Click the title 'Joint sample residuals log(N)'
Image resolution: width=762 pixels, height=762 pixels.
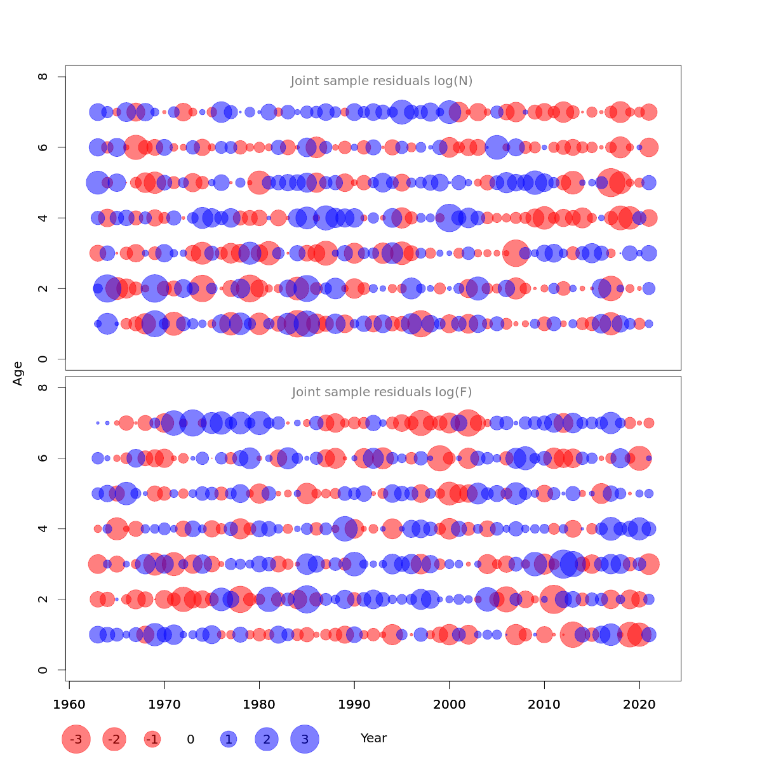coord(382,81)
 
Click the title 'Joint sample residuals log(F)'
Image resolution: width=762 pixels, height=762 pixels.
coord(382,392)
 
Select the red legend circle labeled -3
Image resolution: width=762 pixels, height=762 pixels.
coord(76,739)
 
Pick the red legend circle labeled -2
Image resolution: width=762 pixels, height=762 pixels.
coord(114,739)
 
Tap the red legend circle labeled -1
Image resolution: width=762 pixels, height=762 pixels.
coord(152,739)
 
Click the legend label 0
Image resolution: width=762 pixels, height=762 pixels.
coord(190,739)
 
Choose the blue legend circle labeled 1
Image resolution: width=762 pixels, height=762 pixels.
coord(229,739)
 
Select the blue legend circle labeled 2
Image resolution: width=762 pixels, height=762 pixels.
coord(267,739)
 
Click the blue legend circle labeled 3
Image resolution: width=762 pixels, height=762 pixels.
coord(305,739)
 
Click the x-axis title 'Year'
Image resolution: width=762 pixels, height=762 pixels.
coord(373,739)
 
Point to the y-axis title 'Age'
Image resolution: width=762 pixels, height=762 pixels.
coord(18,373)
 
